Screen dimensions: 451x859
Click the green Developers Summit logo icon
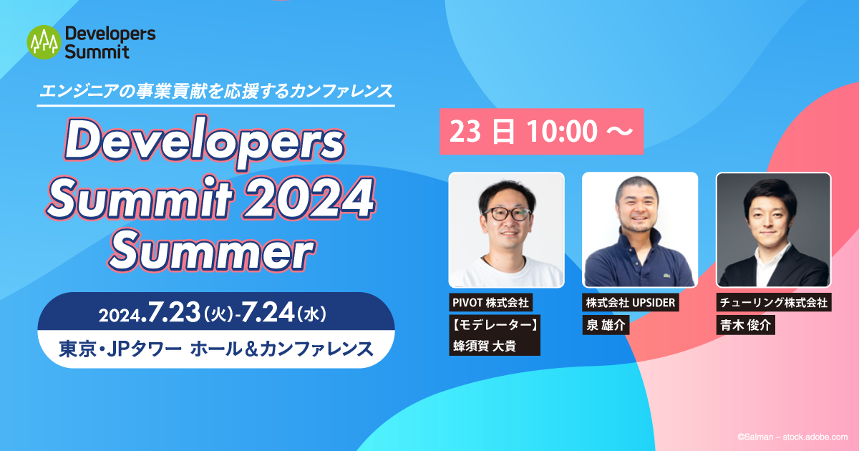[x=42, y=43]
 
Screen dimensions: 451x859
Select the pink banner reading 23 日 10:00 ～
[x=541, y=132]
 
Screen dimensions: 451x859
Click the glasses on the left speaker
[x=507, y=213]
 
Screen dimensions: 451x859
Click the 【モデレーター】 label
[x=494, y=324]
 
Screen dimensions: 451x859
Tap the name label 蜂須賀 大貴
[x=486, y=346]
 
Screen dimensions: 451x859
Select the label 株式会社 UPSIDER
[x=631, y=303]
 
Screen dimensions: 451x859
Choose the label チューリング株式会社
[x=773, y=303]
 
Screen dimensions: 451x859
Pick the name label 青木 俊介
[x=744, y=325]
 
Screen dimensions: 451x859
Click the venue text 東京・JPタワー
[x=120, y=349]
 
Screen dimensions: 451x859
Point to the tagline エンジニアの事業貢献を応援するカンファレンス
[x=215, y=91]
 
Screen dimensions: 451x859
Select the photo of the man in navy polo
[x=639, y=230]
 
